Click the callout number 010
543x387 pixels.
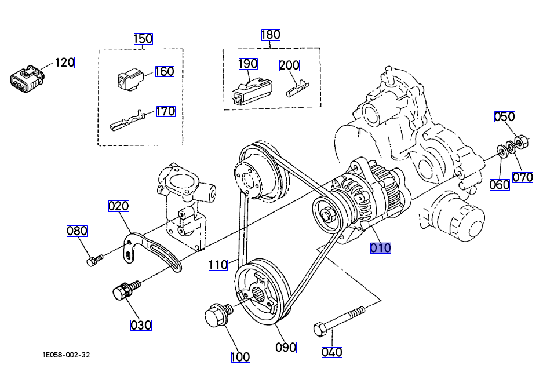(381, 248)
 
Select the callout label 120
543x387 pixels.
(65, 63)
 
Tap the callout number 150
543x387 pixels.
(143, 39)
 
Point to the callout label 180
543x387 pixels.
(271, 34)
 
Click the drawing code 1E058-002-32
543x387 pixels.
(66, 355)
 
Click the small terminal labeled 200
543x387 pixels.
(297, 87)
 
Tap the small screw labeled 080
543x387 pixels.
(93, 261)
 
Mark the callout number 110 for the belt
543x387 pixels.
(218, 265)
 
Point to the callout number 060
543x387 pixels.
(500, 185)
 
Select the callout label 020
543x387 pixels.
(119, 206)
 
